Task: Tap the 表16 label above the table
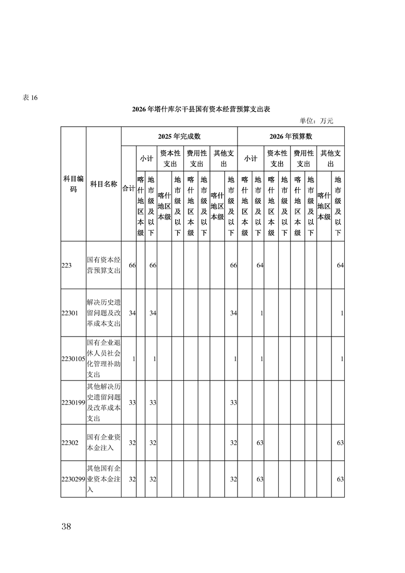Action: click(x=30, y=98)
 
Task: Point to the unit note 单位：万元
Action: click(x=316, y=121)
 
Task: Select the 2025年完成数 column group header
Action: click(x=179, y=136)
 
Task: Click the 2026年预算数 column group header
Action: click(x=291, y=136)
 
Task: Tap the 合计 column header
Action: click(x=128, y=188)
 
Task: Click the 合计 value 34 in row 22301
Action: click(x=132, y=313)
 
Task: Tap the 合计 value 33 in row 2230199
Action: click(x=132, y=403)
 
